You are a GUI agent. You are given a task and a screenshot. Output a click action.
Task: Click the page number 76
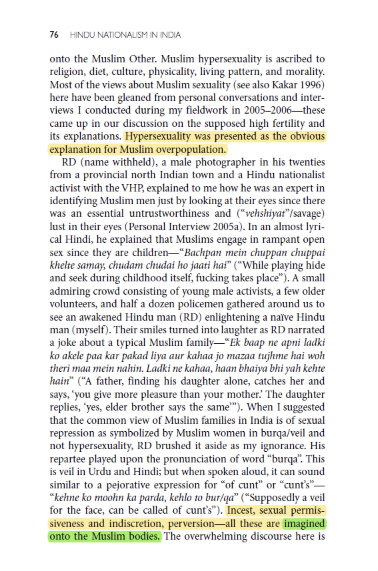(x=54, y=35)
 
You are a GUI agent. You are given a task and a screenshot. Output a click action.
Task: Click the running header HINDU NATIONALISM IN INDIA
(x=125, y=35)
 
